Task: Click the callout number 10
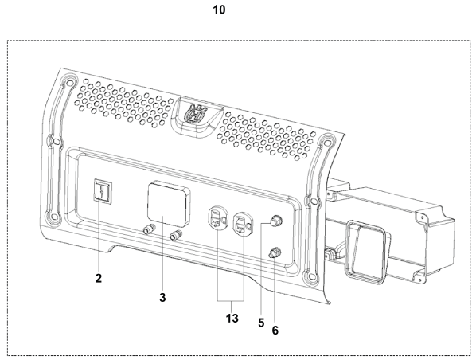(219, 10)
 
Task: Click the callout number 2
(99, 278)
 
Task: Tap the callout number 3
(162, 297)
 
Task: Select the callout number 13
(232, 319)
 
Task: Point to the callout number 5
(261, 323)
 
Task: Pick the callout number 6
(275, 331)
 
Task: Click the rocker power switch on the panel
(103, 190)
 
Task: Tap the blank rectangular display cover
(169, 203)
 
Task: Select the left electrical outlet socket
(217, 218)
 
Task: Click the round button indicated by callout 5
(276, 221)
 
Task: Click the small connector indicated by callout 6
(275, 252)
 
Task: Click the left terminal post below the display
(150, 229)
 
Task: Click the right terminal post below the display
(176, 234)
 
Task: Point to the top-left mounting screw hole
(70, 83)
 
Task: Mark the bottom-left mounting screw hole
(54, 217)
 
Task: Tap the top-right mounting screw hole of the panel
(326, 142)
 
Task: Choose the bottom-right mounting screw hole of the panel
(310, 277)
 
